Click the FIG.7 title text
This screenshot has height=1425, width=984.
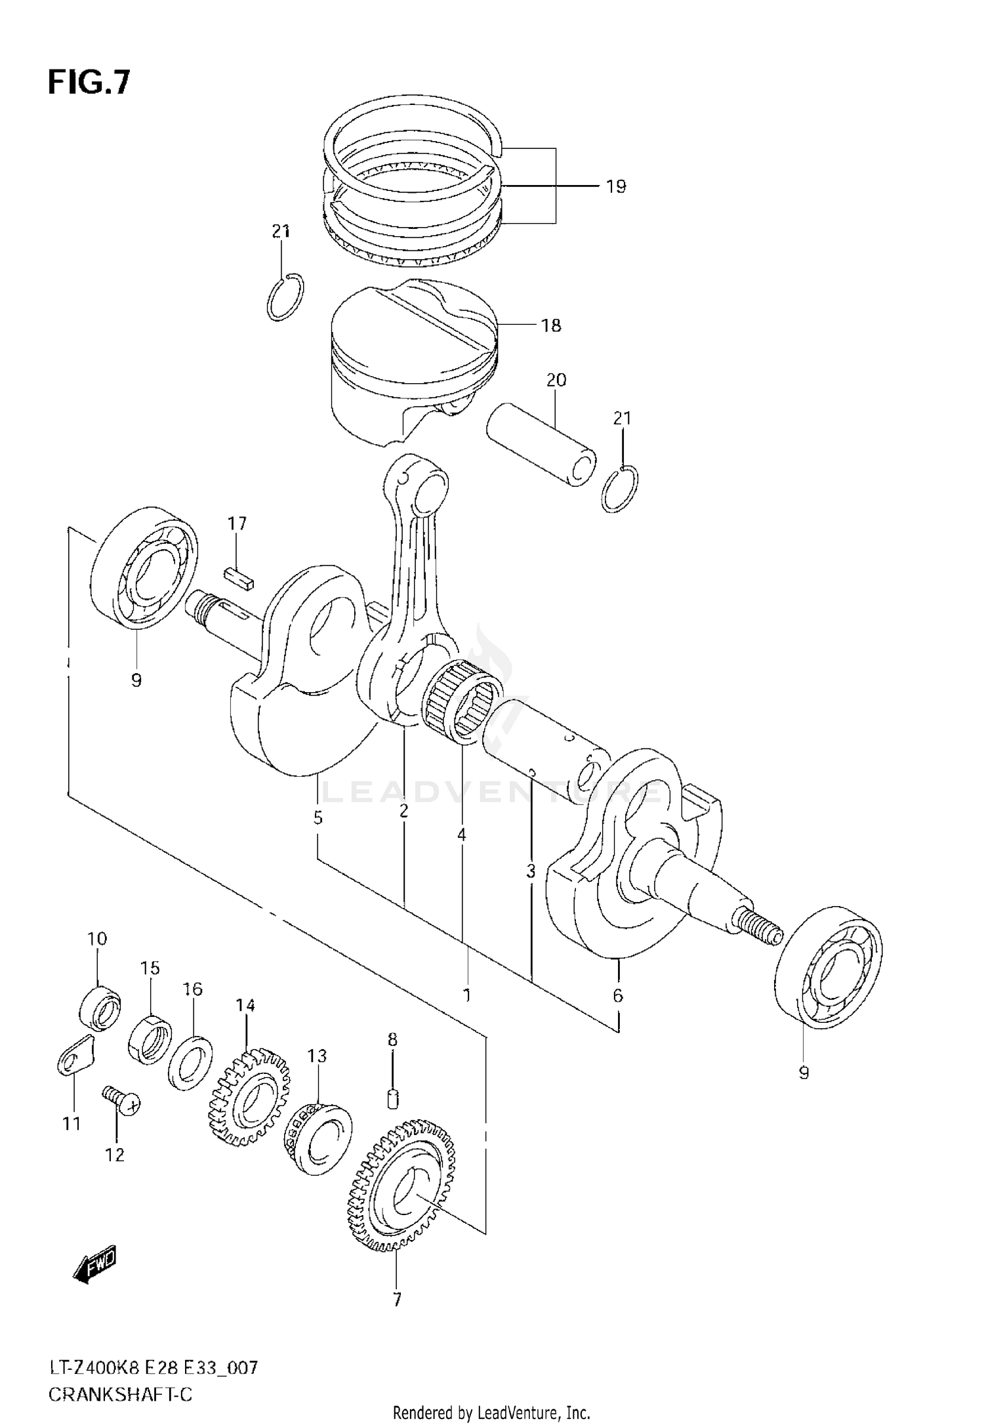click(x=89, y=84)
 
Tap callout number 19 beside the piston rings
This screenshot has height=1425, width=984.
click(x=615, y=187)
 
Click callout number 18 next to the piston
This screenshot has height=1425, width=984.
click(x=551, y=325)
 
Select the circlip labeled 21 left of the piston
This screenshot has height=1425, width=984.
click(x=286, y=297)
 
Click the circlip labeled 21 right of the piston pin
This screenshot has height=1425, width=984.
click(x=619, y=489)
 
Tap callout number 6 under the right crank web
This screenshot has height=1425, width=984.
click(x=617, y=996)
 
